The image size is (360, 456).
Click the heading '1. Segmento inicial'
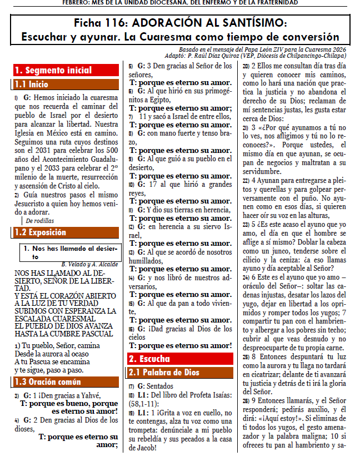[46, 71]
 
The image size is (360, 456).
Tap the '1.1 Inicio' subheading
[32, 85]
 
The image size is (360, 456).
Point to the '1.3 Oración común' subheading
[47, 381]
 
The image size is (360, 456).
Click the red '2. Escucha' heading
[149, 359]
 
